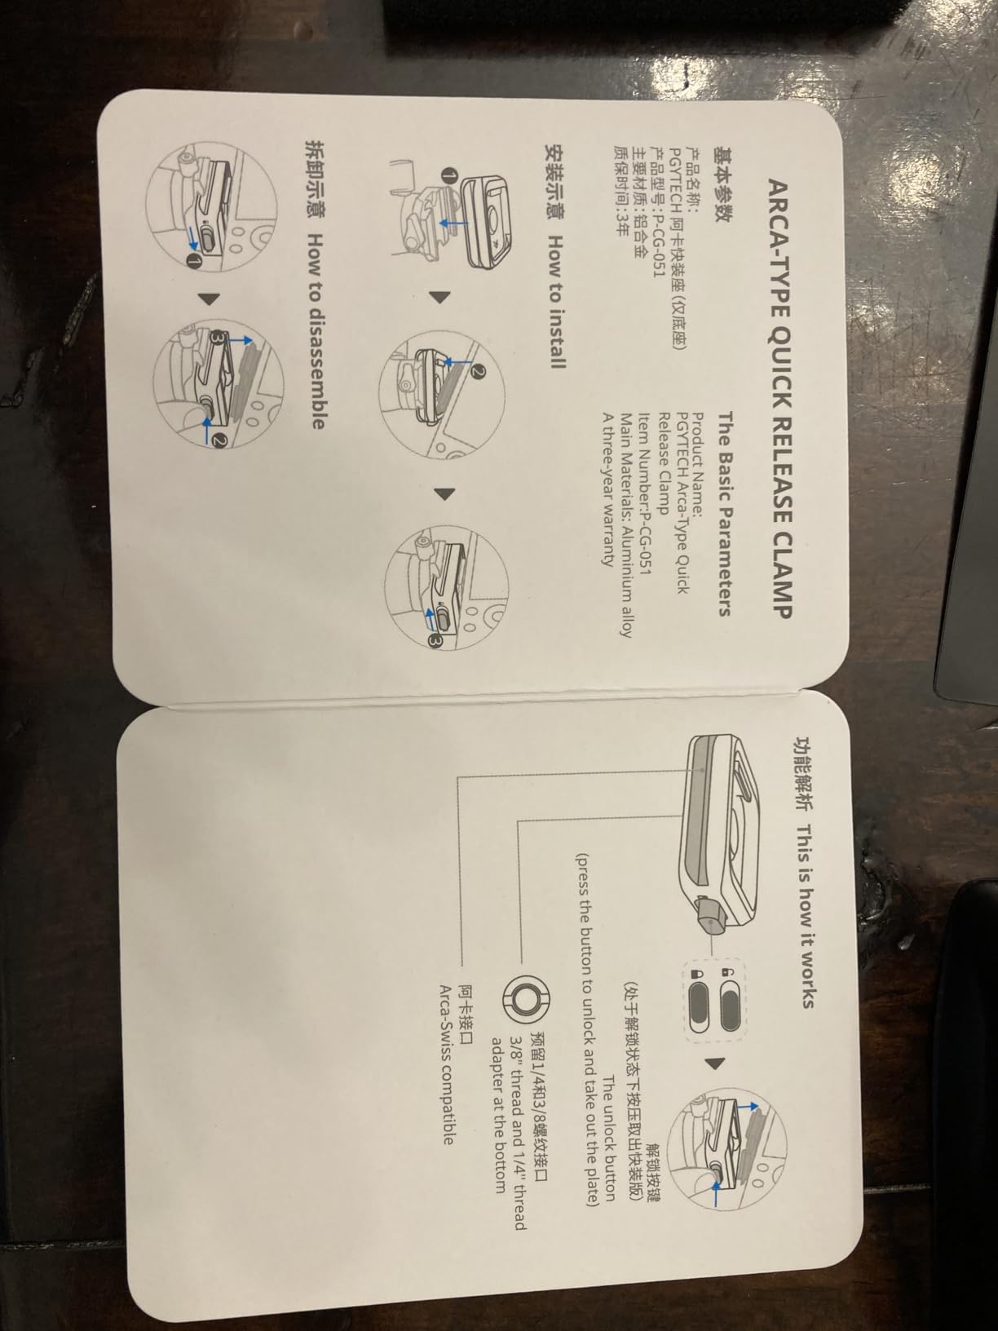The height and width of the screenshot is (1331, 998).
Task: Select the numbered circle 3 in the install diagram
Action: (x=435, y=640)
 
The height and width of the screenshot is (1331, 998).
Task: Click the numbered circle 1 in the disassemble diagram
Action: (x=192, y=263)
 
